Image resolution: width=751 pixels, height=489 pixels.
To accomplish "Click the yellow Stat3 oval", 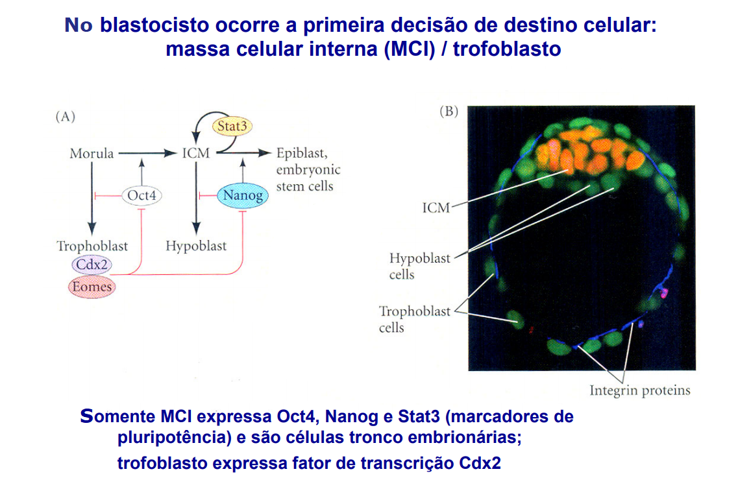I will coord(232,126).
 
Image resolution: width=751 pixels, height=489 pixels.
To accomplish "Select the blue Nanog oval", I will coord(241,194).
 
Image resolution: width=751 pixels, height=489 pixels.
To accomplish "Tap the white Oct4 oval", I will coord(141,195).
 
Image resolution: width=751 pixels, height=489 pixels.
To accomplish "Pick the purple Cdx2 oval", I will coord(92,264).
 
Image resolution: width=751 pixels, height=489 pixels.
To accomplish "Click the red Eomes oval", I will coord(92,286).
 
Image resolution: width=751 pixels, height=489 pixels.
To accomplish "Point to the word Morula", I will coord(92,154).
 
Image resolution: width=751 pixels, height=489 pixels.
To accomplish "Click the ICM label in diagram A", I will coord(195,154).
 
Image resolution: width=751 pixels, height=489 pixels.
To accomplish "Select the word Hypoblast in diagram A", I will coord(196,246).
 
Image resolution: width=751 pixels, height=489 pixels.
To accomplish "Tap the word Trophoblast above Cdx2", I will coord(92,246).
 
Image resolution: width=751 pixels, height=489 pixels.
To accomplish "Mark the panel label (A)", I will coord(66,117).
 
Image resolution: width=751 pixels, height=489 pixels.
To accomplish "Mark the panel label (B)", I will coord(449,111).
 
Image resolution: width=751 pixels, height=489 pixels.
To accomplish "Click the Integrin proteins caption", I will coord(639,390).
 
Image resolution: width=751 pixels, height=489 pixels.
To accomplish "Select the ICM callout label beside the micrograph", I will coord(436,208).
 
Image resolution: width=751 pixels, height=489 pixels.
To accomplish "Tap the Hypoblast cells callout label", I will coord(419,266).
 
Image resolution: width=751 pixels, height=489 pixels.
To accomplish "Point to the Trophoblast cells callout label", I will coord(414,319).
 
